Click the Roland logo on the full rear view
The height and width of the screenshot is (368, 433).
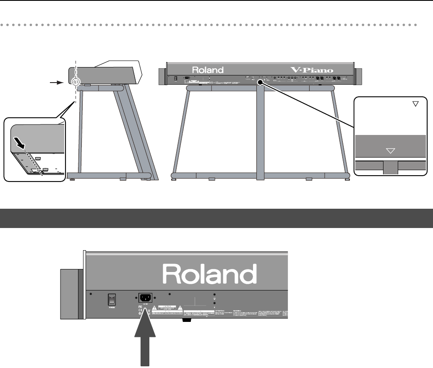[208, 70]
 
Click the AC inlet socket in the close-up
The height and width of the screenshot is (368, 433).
[146, 297]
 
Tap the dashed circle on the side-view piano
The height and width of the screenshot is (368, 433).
[75, 83]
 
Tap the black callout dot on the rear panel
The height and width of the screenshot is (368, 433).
[261, 83]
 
